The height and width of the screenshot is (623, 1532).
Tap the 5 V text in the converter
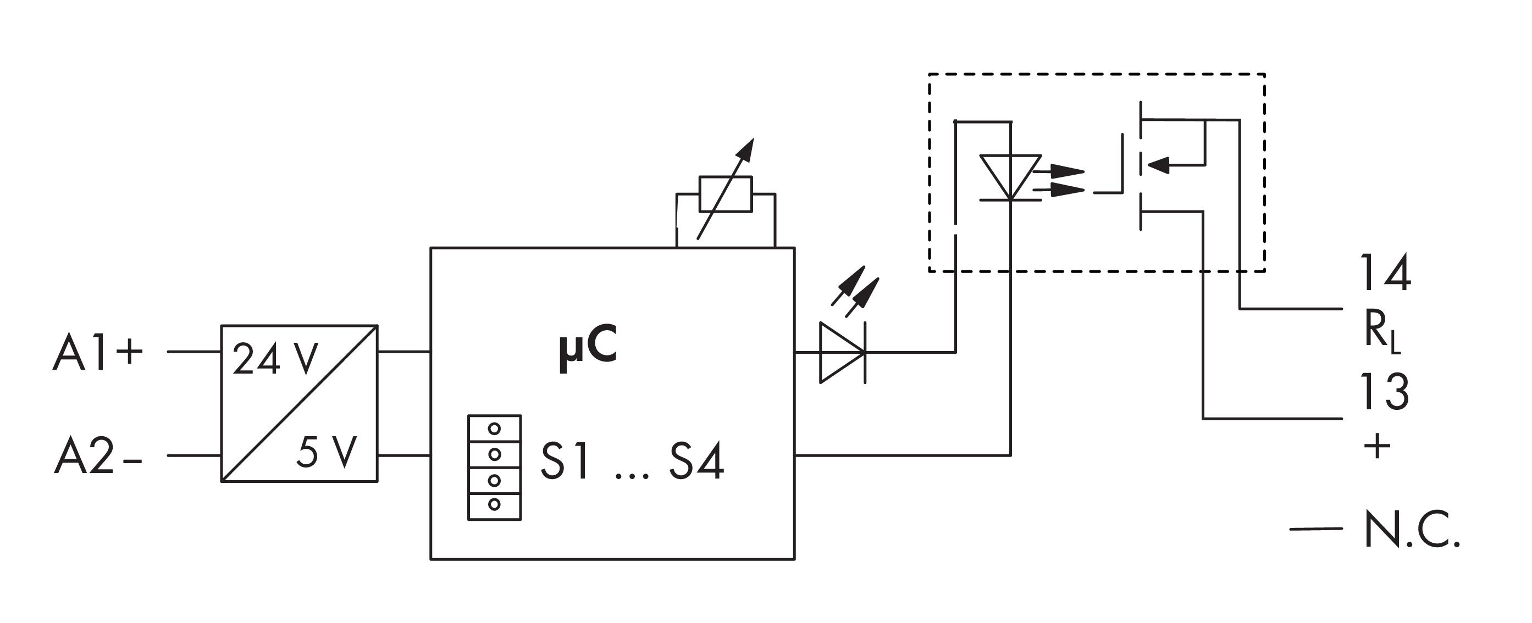[x=327, y=451]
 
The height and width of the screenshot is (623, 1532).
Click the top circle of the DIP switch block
[x=494, y=428]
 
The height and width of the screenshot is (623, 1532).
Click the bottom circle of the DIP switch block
[x=494, y=504]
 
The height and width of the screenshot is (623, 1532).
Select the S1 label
[x=565, y=461]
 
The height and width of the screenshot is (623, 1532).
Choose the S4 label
[x=696, y=461]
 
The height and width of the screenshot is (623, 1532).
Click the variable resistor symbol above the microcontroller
[x=726, y=194]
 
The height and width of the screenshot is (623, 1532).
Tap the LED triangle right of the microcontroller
[x=842, y=352]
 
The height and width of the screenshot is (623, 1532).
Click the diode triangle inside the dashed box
[x=1010, y=177]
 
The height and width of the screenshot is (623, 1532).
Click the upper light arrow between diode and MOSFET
[x=1059, y=171]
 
